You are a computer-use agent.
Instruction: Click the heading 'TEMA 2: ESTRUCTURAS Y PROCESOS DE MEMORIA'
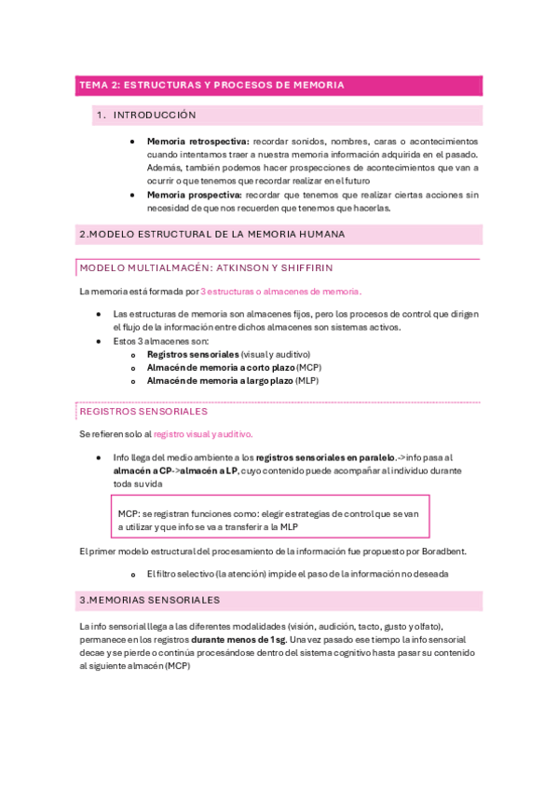211,85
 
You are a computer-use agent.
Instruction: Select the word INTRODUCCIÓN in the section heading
155,116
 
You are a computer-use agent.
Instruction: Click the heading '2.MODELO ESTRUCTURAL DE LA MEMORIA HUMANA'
212,235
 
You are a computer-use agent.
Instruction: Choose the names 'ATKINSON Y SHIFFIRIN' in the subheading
293,267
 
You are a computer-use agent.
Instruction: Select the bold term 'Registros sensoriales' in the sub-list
192,354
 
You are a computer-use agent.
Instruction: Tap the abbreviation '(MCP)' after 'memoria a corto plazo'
296,367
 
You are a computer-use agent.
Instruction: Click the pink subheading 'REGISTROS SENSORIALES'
143,411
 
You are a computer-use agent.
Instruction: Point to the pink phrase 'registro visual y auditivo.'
202,433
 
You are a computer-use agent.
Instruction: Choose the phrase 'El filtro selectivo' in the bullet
183,574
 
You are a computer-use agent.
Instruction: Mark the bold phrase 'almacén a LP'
209,470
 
